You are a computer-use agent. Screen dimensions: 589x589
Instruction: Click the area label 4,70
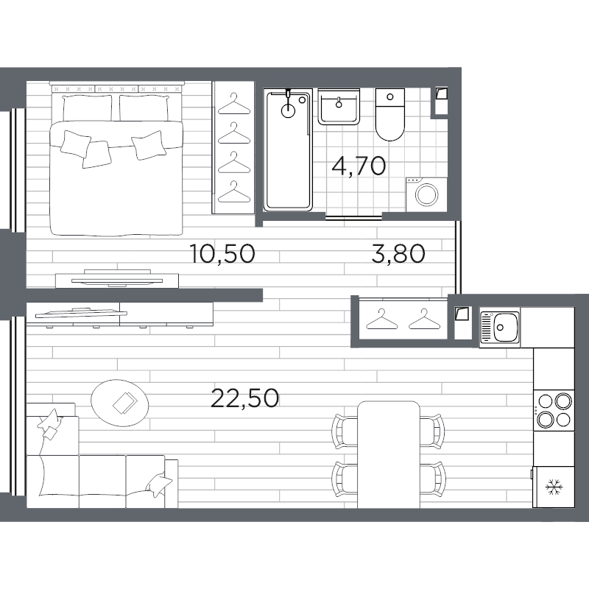tap(359, 166)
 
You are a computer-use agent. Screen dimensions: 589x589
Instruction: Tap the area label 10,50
tap(222, 254)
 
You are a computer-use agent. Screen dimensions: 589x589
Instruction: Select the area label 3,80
tap(399, 254)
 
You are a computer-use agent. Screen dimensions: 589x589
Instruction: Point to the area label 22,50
tap(244, 398)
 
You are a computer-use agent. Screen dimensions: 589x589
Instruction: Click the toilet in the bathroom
tap(389, 116)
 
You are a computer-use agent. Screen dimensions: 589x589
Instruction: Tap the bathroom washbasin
tap(339, 107)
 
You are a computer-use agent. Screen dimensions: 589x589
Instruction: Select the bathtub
tap(288, 150)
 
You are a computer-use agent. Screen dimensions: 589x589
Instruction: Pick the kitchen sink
tap(500, 326)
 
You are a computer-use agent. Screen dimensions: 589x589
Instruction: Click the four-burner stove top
tap(553, 410)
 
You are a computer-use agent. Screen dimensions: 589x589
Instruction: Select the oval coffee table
tap(121, 401)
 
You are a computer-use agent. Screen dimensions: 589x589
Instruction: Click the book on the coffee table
tap(122, 402)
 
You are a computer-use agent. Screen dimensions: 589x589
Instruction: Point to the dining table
tap(388, 454)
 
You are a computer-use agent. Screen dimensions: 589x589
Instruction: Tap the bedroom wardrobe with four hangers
tap(234, 147)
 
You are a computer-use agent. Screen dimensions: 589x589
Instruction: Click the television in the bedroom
tap(117, 278)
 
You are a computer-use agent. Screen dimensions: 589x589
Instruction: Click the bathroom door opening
tap(354, 216)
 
